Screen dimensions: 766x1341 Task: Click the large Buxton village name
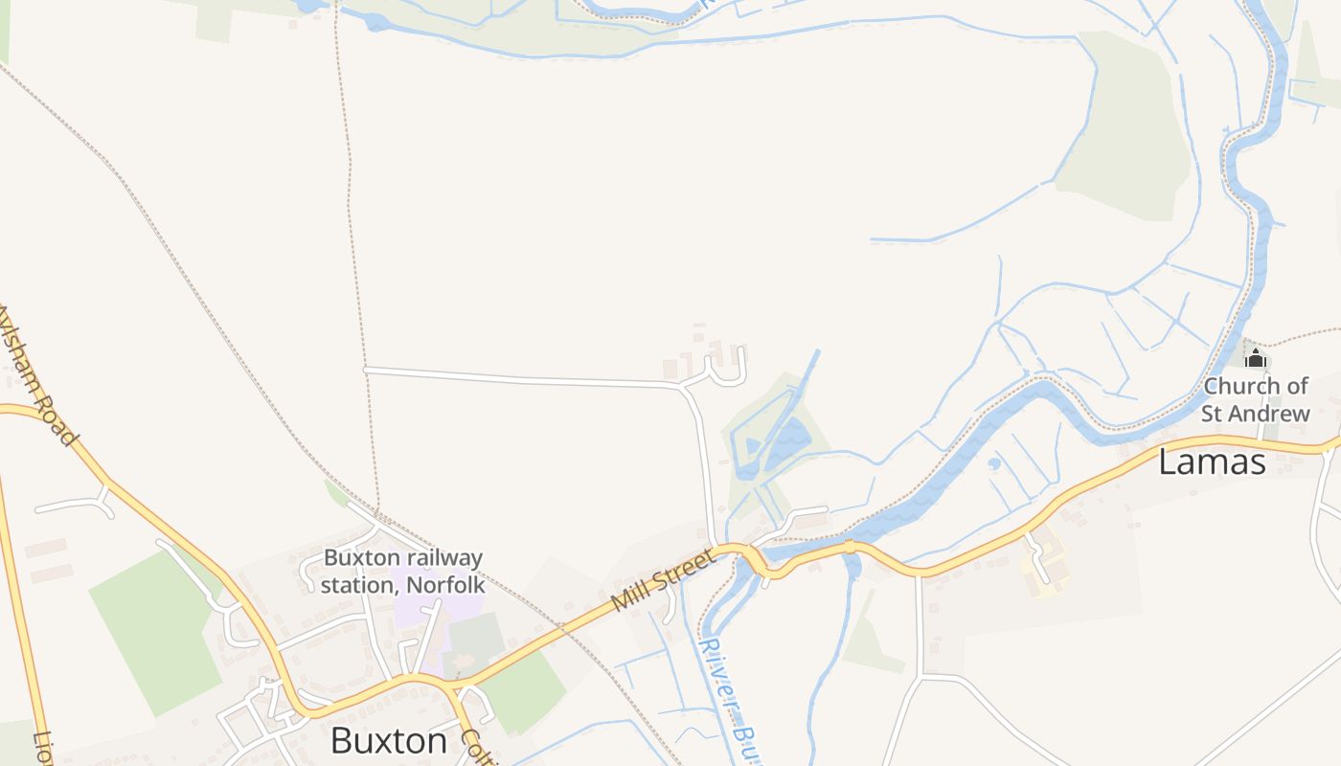coord(389,740)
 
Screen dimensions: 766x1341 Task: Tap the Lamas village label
coord(1212,462)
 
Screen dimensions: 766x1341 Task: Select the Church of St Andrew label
coord(1256,399)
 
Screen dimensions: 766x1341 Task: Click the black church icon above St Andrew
coord(1255,359)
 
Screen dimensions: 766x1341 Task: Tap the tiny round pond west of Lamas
coord(994,464)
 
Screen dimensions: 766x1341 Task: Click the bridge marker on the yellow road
coord(849,547)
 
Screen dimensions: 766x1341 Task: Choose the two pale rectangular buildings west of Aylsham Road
coord(47,561)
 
